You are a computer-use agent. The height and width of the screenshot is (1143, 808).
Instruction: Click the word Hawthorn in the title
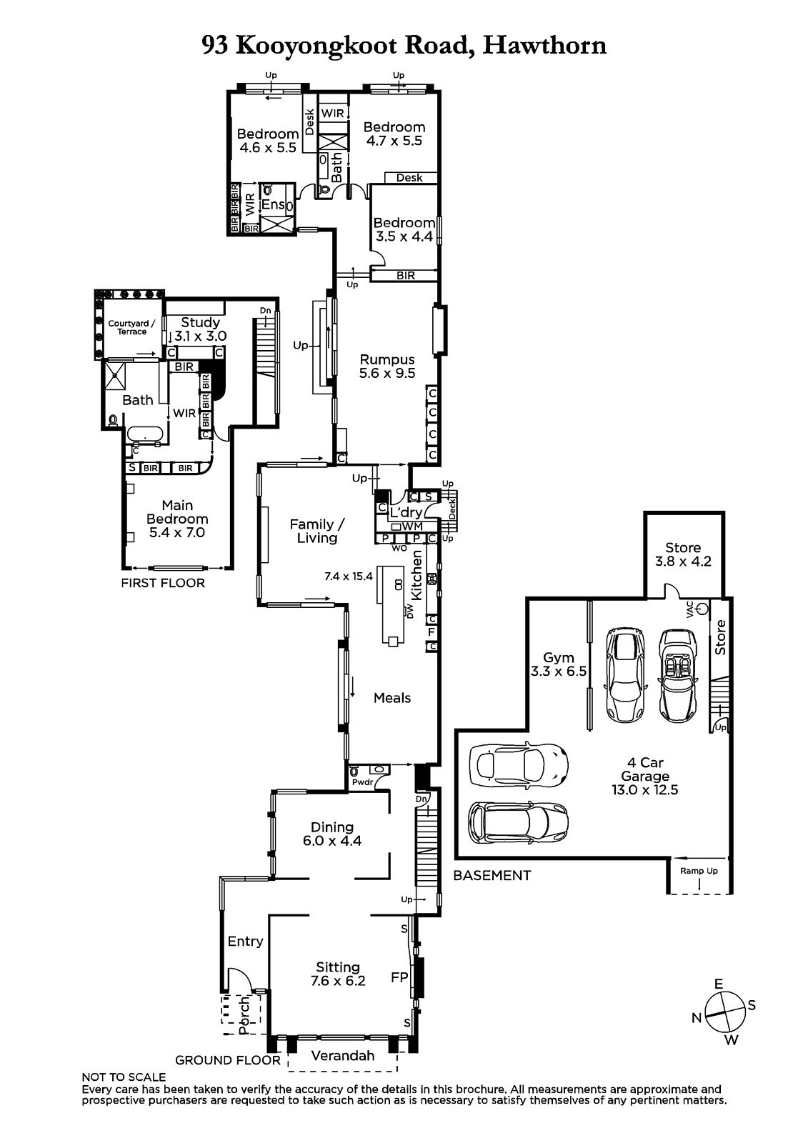click(x=544, y=45)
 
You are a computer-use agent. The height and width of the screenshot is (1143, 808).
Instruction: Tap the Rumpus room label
click(x=387, y=366)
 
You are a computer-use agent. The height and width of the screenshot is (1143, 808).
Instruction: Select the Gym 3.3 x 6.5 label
click(x=559, y=664)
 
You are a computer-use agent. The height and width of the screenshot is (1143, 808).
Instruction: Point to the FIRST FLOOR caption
click(x=163, y=583)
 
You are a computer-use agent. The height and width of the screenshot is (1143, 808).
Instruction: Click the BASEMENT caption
click(x=492, y=875)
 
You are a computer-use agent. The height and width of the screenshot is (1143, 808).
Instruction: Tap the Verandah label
click(x=342, y=1055)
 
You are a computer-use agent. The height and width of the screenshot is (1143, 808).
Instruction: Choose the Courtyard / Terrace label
click(x=131, y=327)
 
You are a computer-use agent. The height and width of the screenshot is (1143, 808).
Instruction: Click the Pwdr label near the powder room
click(x=362, y=782)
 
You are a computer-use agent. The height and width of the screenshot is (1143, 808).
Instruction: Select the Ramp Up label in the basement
click(x=698, y=871)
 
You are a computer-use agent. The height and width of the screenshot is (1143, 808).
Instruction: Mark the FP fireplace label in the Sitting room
click(x=399, y=977)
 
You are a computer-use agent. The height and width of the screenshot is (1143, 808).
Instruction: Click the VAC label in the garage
click(x=690, y=609)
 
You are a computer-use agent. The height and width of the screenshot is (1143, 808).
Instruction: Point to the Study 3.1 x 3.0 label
click(x=200, y=329)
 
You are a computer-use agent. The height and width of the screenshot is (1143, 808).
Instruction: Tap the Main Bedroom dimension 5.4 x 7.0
click(x=177, y=532)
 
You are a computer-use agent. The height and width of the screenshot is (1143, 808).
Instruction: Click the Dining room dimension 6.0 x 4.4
click(x=331, y=840)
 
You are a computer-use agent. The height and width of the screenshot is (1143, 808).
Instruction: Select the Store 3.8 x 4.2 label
click(x=683, y=554)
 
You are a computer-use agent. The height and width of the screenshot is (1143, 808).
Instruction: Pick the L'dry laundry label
click(x=406, y=512)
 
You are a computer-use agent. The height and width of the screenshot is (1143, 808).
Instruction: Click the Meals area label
click(x=392, y=697)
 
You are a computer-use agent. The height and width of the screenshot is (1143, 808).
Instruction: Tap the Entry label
click(x=245, y=942)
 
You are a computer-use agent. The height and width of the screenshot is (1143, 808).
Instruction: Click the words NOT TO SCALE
click(x=124, y=1077)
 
